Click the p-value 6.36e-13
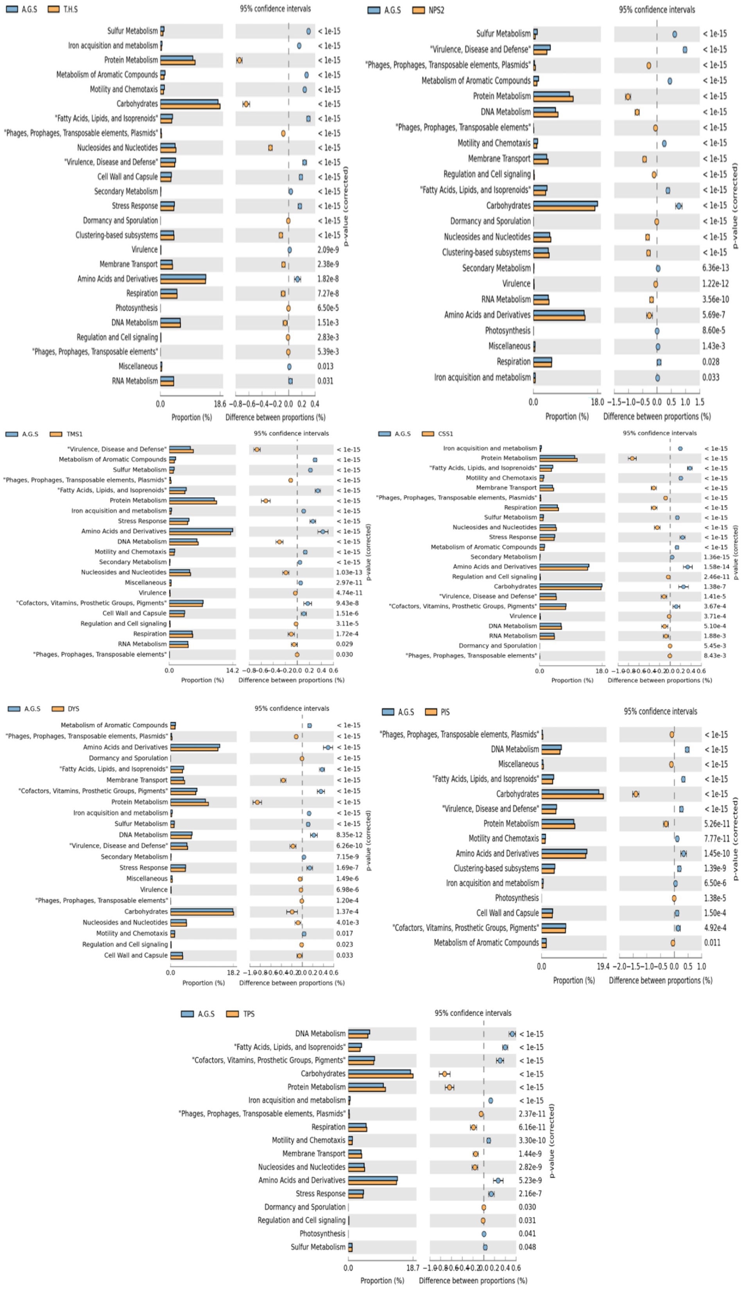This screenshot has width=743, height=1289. tap(715, 268)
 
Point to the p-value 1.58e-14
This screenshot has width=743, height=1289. tap(715, 567)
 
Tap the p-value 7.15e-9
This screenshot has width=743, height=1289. tap(347, 856)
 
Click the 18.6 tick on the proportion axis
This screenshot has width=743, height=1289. tap(219, 404)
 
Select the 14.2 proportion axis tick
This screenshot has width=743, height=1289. tap(232, 670)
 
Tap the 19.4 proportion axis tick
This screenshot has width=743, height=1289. tap(603, 966)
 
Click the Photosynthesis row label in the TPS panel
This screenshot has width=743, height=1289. tap(322, 1233)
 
